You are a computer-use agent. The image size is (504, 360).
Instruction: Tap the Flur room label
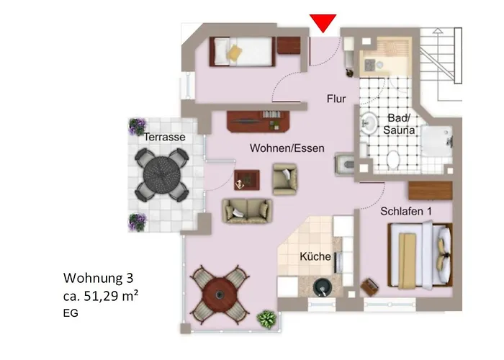[336, 99]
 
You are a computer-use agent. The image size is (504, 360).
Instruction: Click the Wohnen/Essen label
[287, 148]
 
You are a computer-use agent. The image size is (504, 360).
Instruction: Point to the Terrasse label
[164, 137]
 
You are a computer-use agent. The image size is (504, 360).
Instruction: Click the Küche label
[315, 257]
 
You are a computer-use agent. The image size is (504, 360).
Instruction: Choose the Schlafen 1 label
[408, 212]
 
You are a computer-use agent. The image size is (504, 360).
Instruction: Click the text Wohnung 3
[98, 277]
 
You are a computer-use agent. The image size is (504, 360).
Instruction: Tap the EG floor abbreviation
[71, 314]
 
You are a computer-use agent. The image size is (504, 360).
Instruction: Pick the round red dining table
[218, 294]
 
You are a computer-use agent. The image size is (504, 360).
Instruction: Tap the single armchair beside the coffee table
[284, 178]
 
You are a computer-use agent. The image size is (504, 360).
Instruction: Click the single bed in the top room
[242, 51]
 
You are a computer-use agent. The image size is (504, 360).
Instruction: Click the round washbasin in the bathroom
[369, 125]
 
